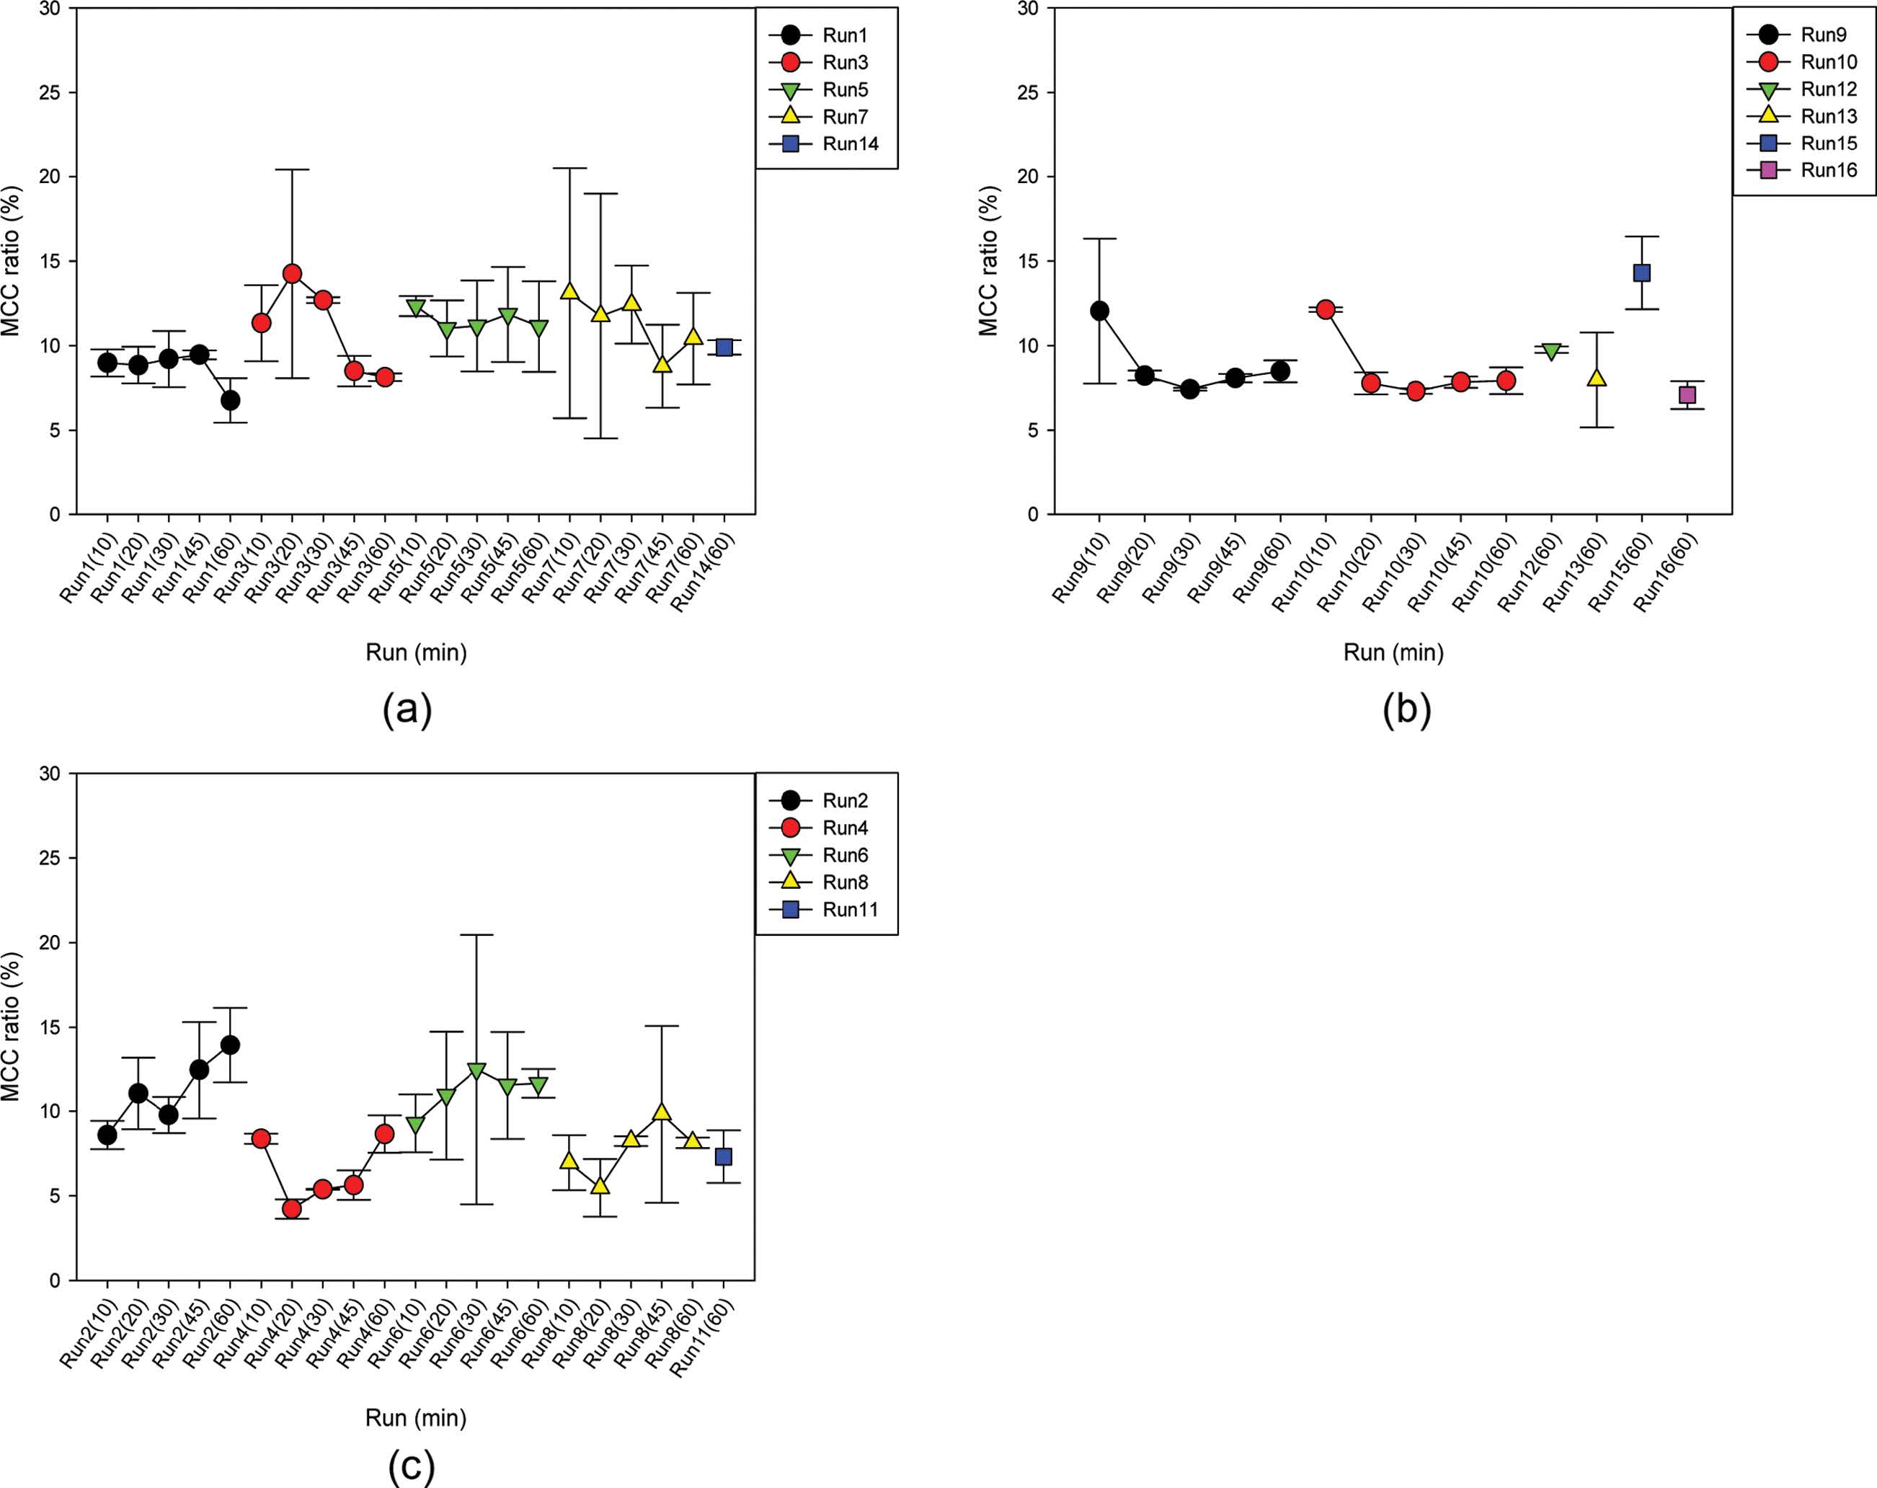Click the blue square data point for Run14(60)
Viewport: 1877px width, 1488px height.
[x=724, y=347]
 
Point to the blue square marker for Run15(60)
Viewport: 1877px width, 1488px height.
[x=1642, y=273]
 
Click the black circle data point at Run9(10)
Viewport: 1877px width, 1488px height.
[x=1099, y=311]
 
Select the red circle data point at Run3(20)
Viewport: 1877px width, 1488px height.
[x=293, y=274]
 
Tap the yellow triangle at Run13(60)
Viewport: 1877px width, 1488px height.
[x=1597, y=378]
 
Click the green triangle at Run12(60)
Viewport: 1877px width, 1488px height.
[x=1551, y=351]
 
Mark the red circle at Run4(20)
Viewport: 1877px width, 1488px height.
[x=293, y=1208]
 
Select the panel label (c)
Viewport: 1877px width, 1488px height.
[x=411, y=1467]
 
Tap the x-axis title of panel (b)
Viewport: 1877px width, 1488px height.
[x=1393, y=652]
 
